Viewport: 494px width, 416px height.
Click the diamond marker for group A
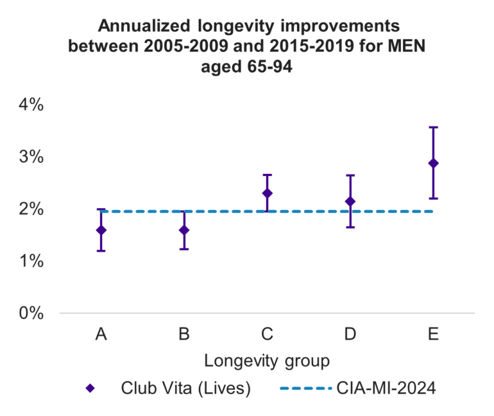coord(101,230)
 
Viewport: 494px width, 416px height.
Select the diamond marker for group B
coord(184,230)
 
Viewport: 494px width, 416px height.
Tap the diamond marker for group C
coord(267,193)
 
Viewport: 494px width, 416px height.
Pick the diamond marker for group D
coord(350,202)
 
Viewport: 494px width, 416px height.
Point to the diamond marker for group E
coord(433,163)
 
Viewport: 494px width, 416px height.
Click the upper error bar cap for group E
coord(433,128)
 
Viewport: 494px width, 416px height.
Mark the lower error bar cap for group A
coord(101,250)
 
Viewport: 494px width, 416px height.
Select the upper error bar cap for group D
coord(350,175)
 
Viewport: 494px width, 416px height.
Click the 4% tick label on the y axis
coord(30,105)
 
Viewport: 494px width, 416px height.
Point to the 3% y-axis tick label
coord(30,157)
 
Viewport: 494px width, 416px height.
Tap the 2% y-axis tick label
coord(30,209)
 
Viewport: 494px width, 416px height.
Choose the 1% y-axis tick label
coord(30,261)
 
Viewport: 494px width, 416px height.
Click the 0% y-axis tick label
coord(30,313)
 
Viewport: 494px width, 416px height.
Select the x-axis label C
coord(267,334)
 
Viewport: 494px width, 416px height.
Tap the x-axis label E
coord(433,334)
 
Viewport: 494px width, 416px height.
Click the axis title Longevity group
coord(267,361)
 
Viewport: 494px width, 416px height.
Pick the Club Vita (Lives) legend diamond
coord(90,388)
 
